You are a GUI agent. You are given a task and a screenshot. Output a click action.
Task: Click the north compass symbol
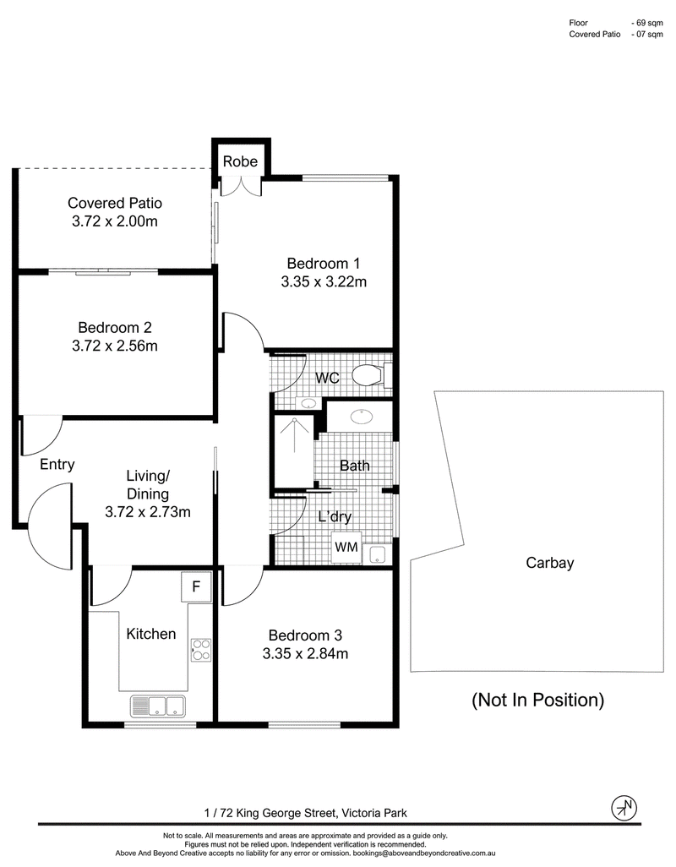point(624,809)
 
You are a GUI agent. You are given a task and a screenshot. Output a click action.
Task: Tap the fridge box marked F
point(196,586)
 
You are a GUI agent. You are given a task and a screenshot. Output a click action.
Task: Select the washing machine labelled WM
point(346,547)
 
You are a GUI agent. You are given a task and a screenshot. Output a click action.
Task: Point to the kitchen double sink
point(157,706)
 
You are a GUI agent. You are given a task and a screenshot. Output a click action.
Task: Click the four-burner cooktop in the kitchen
point(200,650)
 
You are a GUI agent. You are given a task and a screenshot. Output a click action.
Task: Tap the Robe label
point(241,161)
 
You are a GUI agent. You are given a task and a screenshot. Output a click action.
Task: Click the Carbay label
point(550,563)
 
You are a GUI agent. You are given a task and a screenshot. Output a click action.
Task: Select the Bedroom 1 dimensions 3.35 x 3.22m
point(324,281)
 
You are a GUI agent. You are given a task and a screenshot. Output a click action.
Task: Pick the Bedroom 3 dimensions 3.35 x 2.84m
point(305,653)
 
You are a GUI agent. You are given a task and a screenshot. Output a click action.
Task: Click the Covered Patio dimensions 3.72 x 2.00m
point(115,221)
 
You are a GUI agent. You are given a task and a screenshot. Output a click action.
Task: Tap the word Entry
point(57,465)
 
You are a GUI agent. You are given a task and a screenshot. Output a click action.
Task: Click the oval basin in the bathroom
point(362,416)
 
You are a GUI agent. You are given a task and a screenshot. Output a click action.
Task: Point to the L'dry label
point(335,516)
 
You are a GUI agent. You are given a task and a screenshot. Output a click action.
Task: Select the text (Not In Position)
point(537,700)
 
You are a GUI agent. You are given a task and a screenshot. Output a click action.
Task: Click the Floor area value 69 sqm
point(647,23)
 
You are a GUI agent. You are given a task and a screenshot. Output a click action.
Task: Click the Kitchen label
point(151,634)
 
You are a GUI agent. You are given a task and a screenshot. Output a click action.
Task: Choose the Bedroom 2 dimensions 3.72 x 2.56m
point(115,346)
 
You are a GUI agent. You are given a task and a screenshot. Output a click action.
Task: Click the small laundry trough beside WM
point(378,554)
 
